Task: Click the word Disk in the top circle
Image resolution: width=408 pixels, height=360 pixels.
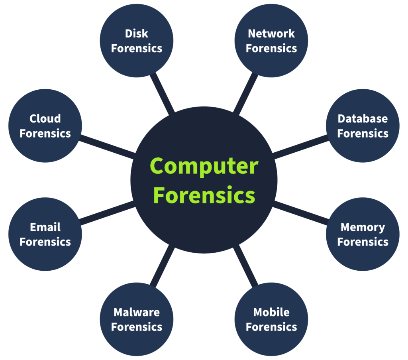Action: pos(137,33)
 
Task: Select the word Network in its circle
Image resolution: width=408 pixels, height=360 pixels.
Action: pos(271,33)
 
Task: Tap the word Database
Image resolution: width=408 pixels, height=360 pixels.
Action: pos(363,119)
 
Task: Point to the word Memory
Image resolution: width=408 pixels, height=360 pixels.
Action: pos(363,228)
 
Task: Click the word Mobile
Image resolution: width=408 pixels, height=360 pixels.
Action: pos(271,312)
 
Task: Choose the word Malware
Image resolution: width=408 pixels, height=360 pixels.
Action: pos(137,312)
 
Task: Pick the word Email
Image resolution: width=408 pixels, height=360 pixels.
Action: pos(45,227)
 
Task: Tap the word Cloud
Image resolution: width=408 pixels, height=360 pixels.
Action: pos(45,119)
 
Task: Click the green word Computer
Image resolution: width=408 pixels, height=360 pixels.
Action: pos(204,167)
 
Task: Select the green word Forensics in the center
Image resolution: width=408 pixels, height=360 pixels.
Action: pos(204,195)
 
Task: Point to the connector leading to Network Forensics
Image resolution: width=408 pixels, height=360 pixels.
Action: pos(245,93)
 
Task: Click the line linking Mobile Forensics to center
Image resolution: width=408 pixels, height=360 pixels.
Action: pos(245,266)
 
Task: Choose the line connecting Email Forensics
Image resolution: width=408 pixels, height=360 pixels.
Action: pos(107,212)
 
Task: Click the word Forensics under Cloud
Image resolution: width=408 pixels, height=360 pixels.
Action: pos(45,134)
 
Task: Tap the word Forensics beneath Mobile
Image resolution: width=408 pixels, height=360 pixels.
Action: pos(271,327)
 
